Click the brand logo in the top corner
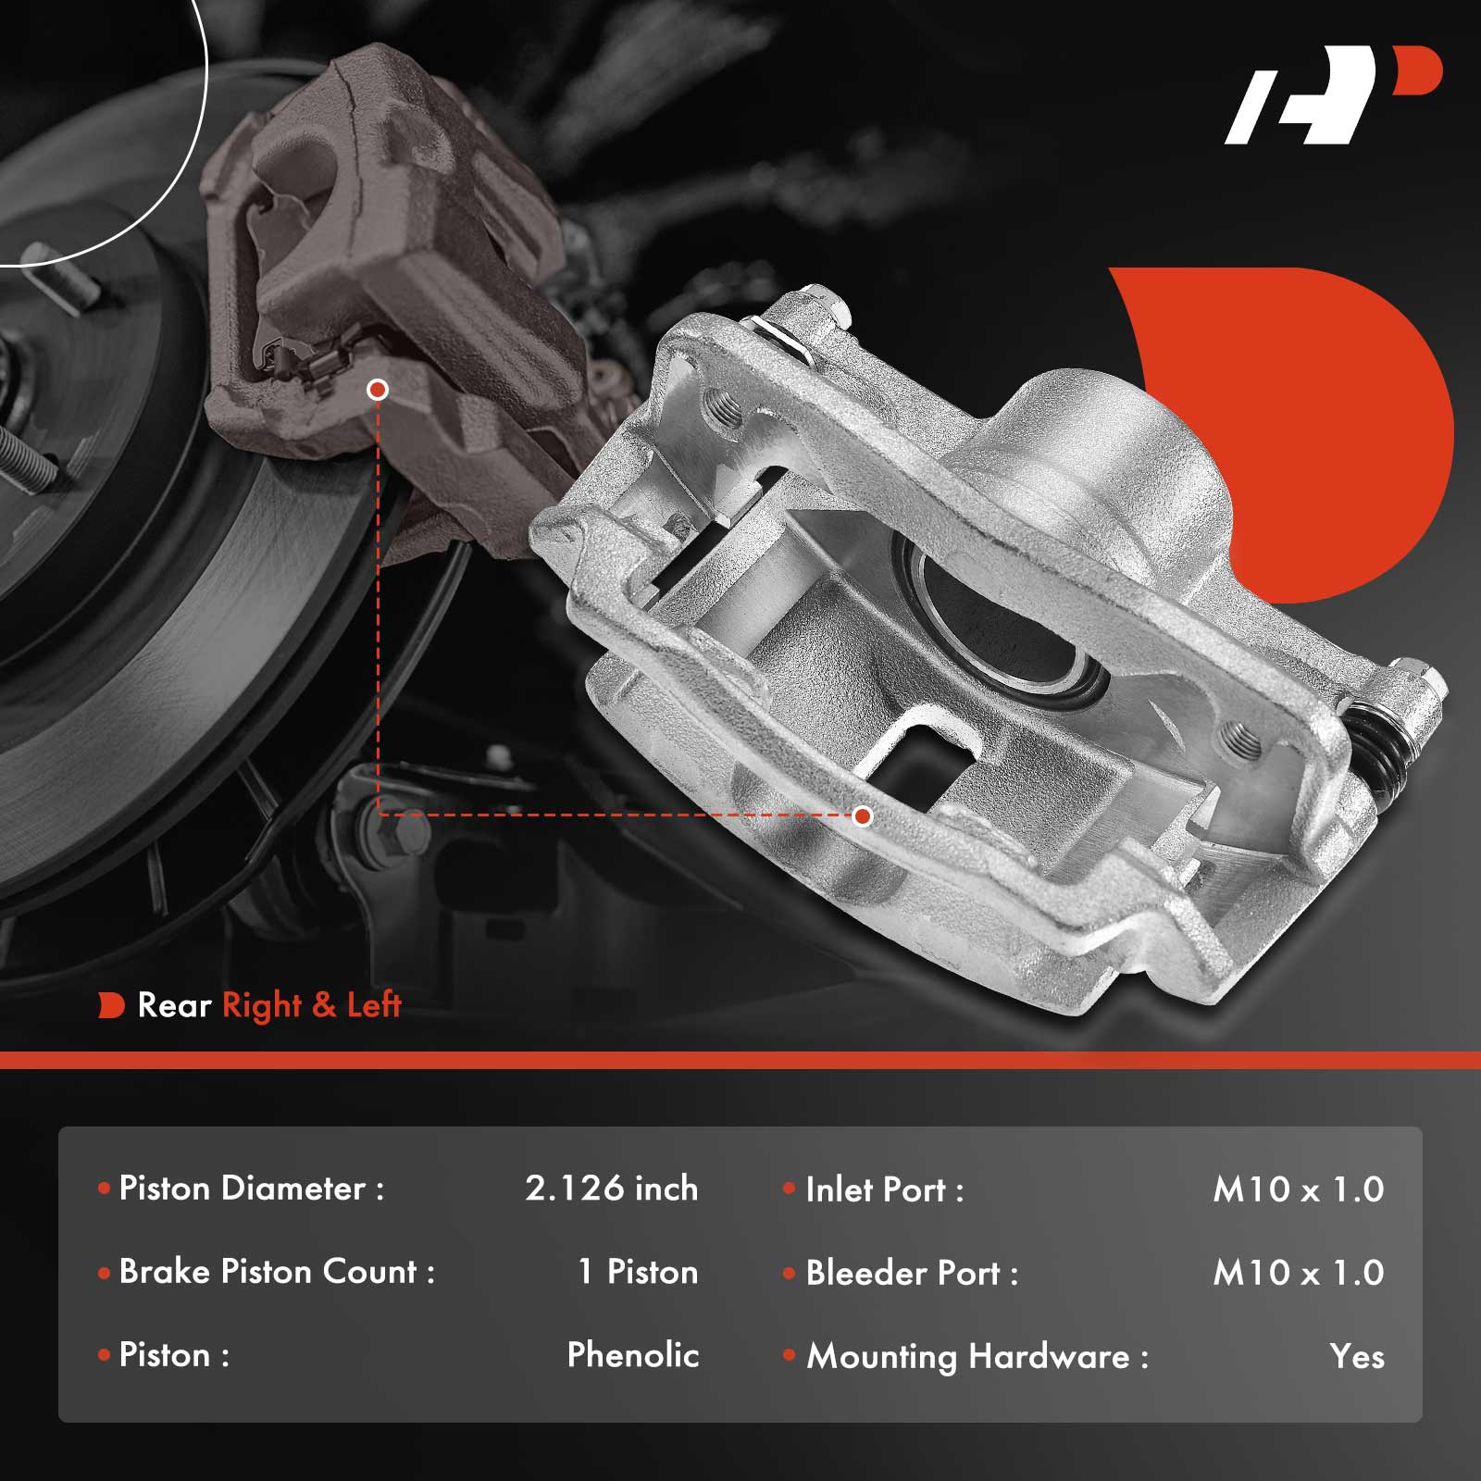tap(1333, 94)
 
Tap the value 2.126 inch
tap(612, 1189)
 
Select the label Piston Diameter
tap(243, 1189)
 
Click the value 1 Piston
tap(638, 1272)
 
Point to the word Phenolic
tap(633, 1355)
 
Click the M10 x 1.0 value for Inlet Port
tap(1299, 1189)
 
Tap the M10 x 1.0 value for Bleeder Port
tap(1299, 1273)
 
